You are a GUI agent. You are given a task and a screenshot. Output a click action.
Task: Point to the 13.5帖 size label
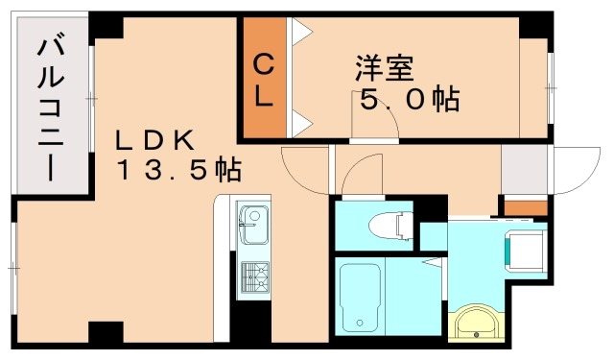tap(179, 171)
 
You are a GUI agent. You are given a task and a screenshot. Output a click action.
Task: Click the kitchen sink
tap(252, 226)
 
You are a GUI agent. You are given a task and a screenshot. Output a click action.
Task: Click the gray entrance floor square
tap(524, 170)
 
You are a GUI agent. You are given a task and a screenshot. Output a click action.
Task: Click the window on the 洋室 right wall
tap(552, 87)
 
